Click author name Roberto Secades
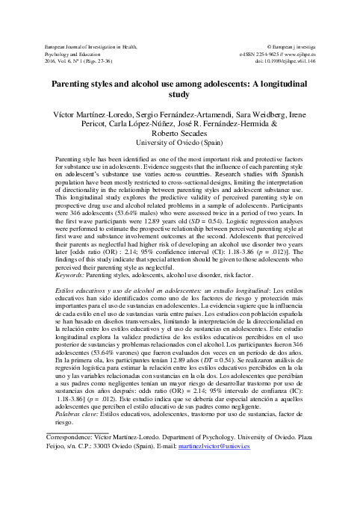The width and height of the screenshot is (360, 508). click(x=180, y=131)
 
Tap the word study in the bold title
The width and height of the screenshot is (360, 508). click(x=180, y=96)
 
